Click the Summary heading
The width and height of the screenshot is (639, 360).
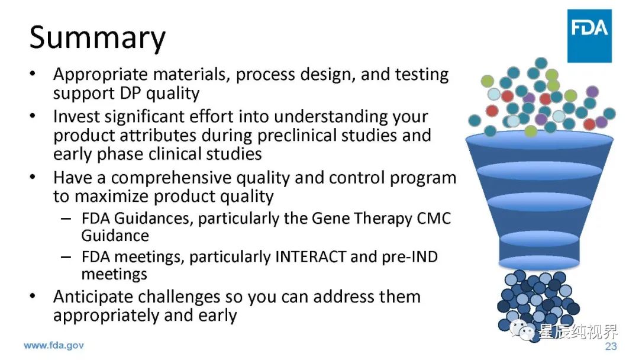pyautogui.click(x=98, y=38)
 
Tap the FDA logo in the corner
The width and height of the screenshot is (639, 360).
pyautogui.click(x=589, y=36)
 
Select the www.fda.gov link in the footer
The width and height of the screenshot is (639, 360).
pyautogui.click(x=54, y=346)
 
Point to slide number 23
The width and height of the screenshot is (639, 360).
pyautogui.click(x=611, y=346)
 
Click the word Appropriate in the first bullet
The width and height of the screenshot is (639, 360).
pyautogui.click(x=100, y=75)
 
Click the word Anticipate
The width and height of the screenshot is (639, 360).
pyautogui.click(x=94, y=297)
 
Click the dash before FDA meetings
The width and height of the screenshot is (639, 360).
pyautogui.click(x=66, y=257)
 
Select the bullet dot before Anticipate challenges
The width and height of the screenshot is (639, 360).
pyautogui.click(x=32, y=296)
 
